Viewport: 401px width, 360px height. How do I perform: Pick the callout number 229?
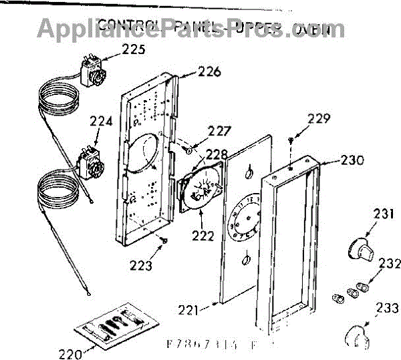(x=319, y=120)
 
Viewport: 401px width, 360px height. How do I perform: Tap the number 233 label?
(x=383, y=309)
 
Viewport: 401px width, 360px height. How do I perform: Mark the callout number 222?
(x=201, y=235)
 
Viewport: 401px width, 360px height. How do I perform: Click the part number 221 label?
(x=192, y=309)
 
